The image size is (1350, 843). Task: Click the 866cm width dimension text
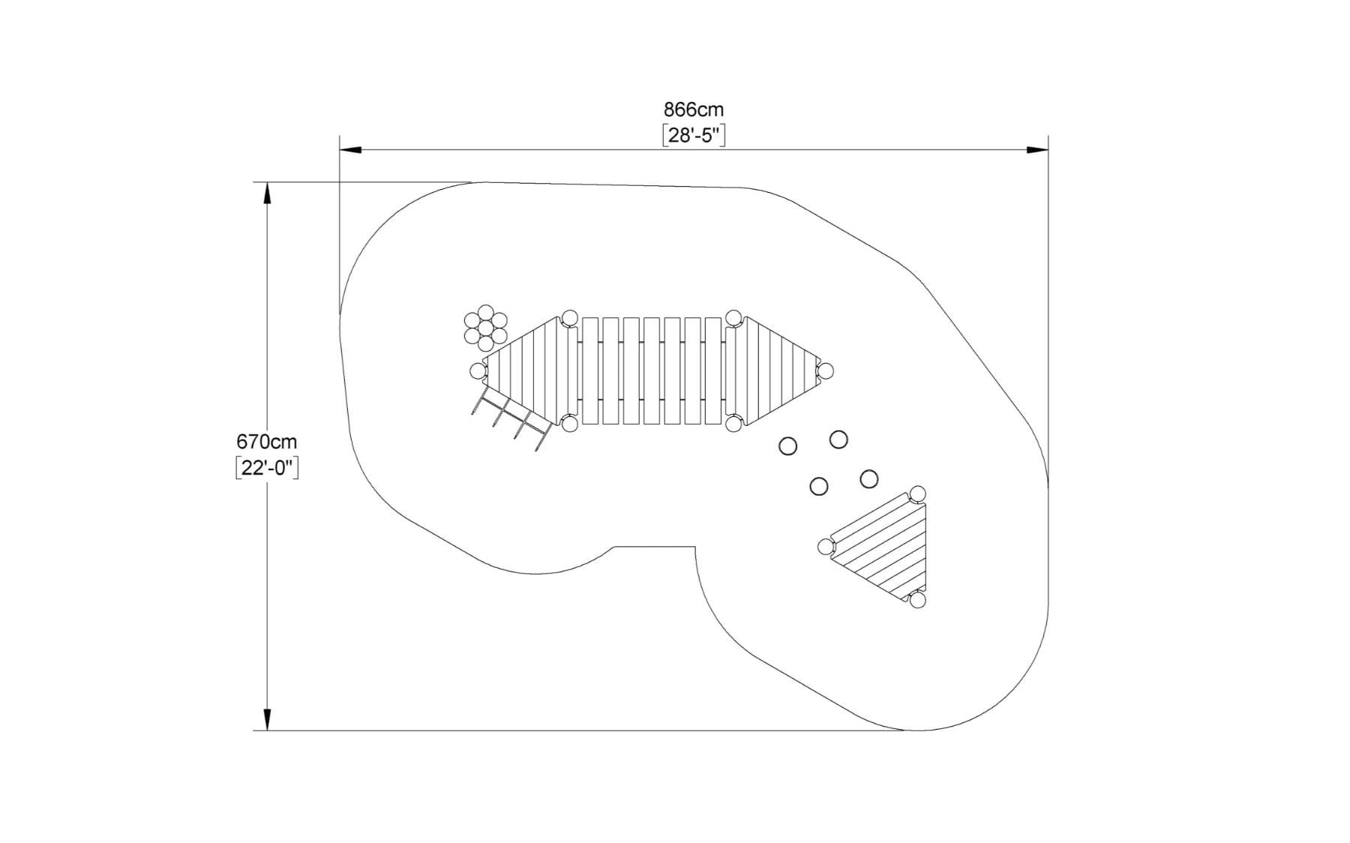pyautogui.click(x=693, y=110)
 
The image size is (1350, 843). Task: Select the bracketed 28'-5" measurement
pyautogui.click(x=694, y=136)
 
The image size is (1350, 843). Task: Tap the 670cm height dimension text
pyautogui.click(x=266, y=442)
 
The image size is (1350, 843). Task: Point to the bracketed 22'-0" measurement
pyautogui.click(x=266, y=468)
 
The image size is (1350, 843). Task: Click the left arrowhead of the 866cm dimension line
pyautogui.click(x=351, y=150)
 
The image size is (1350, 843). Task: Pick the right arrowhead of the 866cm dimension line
pyautogui.click(x=1037, y=150)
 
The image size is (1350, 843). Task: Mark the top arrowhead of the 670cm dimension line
pyautogui.click(x=266, y=193)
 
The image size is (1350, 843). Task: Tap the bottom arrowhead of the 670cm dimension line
pyautogui.click(x=266, y=719)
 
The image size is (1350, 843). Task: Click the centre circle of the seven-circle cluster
pyautogui.click(x=486, y=328)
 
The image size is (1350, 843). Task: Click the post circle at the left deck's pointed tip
pyautogui.click(x=478, y=370)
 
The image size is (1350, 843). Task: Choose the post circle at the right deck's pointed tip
pyautogui.click(x=825, y=370)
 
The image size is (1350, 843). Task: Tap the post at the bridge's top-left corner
pyautogui.click(x=570, y=318)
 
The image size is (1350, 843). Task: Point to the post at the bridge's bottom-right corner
pyautogui.click(x=733, y=424)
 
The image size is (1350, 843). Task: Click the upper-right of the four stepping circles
pyautogui.click(x=838, y=439)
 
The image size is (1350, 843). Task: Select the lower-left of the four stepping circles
pyautogui.click(x=819, y=486)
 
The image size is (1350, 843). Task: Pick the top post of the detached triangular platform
pyautogui.click(x=917, y=494)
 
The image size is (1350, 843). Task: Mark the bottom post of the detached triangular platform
pyautogui.click(x=918, y=600)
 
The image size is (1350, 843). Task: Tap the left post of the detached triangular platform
pyautogui.click(x=826, y=547)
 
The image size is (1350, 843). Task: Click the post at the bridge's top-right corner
pyautogui.click(x=733, y=318)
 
